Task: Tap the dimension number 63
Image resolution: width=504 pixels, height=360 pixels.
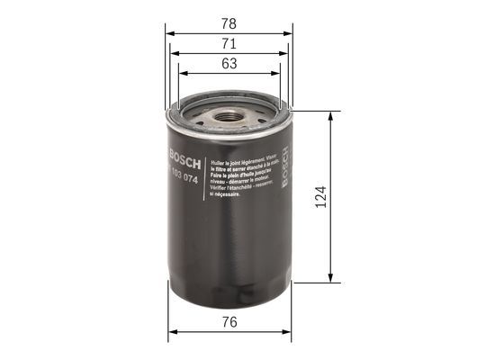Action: (229, 64)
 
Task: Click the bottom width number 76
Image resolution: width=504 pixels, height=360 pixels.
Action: (229, 321)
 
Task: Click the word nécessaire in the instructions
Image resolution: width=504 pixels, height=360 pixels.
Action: (225, 193)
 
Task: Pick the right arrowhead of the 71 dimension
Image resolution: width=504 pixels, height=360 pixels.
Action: (283, 52)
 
